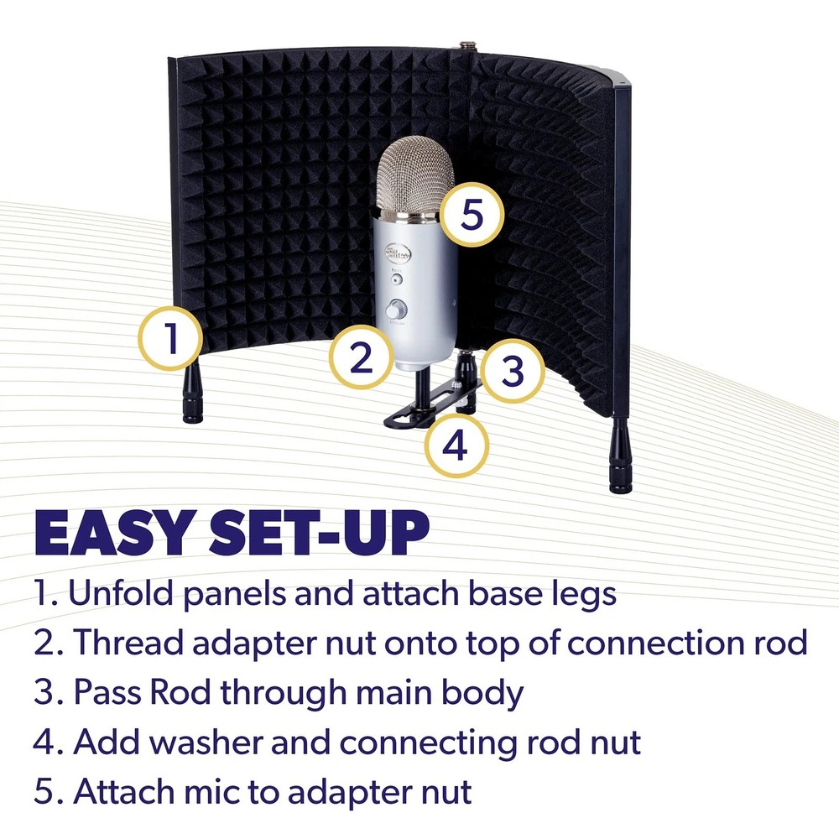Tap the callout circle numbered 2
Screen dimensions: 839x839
click(x=361, y=358)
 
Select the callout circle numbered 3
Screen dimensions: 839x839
click(x=513, y=370)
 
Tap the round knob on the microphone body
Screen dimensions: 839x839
click(x=393, y=310)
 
